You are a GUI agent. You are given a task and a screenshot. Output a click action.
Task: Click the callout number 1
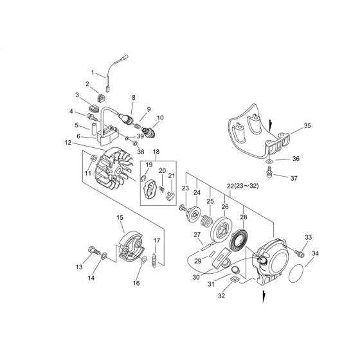[93, 73]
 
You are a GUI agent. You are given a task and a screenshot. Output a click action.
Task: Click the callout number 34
[315, 254]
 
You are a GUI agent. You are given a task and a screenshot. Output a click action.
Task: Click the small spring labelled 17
[154, 261]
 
